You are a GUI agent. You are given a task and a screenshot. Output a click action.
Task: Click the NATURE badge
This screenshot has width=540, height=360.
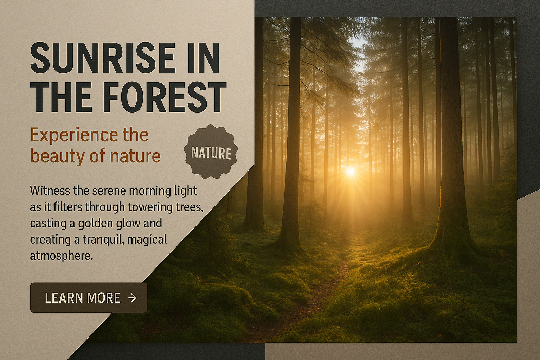click(211, 152)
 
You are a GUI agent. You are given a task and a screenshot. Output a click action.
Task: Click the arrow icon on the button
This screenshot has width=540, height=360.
click(132, 297)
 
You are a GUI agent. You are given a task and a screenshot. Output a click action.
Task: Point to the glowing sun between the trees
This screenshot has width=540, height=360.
click(351, 172)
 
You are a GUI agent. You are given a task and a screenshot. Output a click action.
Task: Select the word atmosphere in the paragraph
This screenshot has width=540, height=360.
click(62, 256)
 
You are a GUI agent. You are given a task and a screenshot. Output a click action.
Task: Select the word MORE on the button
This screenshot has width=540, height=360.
click(103, 297)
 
